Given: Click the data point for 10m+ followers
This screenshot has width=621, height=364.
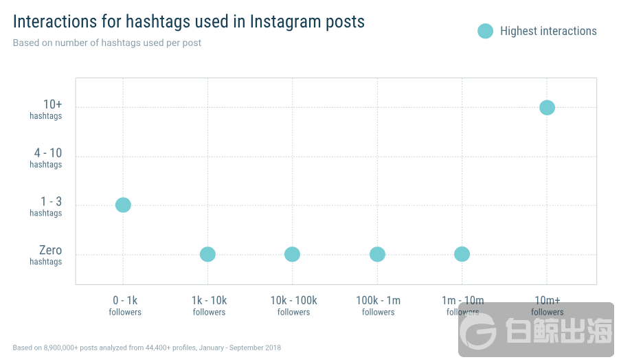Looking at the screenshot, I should click(547, 107).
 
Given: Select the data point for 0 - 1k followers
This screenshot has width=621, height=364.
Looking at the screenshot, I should click(123, 205).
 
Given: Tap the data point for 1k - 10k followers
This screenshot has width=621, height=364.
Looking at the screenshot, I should click(207, 254).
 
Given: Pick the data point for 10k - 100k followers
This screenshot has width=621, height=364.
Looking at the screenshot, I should click(293, 254).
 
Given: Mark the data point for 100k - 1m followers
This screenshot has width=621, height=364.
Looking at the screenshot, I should click(377, 254).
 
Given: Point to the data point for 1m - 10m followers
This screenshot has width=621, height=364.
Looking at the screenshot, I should click(462, 254).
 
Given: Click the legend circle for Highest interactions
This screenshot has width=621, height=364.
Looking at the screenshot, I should click(486, 31).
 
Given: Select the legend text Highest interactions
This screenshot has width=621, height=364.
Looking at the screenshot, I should click(548, 31).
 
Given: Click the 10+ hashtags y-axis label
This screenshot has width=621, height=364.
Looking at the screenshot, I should click(48, 109).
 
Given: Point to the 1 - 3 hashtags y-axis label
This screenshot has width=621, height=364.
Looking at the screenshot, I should click(48, 206).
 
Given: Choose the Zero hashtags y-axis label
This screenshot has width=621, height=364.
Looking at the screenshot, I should click(48, 255).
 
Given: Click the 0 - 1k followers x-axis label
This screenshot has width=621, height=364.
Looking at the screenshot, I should click(125, 306).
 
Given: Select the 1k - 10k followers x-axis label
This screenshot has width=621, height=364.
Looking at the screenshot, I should click(209, 306).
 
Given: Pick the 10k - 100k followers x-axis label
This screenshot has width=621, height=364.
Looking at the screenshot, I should click(293, 306).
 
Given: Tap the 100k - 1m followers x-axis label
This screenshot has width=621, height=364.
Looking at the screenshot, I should click(378, 306).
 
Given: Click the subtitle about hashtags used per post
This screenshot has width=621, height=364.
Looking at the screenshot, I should click(106, 43).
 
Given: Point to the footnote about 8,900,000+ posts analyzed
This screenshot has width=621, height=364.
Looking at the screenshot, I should click(146, 348).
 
